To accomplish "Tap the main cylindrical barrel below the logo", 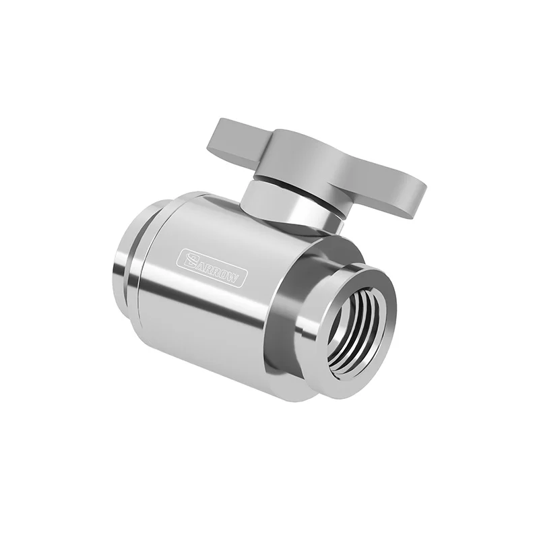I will pos(202,317).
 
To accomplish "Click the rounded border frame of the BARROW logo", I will pos(213,256).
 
